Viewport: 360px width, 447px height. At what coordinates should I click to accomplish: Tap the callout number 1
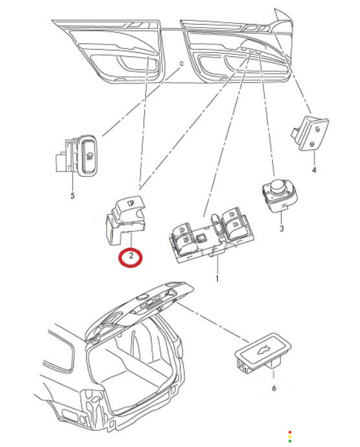(x=217, y=279)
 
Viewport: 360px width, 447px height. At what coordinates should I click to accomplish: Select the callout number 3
(x=282, y=228)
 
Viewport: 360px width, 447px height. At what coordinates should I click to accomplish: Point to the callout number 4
(x=314, y=170)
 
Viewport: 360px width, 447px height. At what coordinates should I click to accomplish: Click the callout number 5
(x=72, y=195)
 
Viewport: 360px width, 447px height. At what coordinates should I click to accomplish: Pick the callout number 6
(x=274, y=387)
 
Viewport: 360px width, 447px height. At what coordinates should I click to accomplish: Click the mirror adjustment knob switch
(x=279, y=196)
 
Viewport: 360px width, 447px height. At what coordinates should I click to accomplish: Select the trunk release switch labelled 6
(x=263, y=353)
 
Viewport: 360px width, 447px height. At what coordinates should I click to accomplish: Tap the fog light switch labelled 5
(x=76, y=156)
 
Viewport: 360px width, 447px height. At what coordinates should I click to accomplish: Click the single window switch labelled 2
(x=124, y=219)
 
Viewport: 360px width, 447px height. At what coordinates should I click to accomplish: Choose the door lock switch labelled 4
(x=310, y=133)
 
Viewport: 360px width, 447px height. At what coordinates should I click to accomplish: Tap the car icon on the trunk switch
(x=264, y=349)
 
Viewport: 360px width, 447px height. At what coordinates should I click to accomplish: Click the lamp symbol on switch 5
(x=90, y=156)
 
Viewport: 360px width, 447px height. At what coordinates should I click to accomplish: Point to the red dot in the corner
(x=290, y=433)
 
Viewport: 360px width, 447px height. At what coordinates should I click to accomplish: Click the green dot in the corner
(x=290, y=441)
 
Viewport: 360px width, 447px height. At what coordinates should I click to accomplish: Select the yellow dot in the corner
(x=290, y=437)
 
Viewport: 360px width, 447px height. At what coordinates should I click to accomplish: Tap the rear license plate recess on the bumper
(x=69, y=415)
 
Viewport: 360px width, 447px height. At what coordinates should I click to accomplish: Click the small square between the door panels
(x=181, y=63)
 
